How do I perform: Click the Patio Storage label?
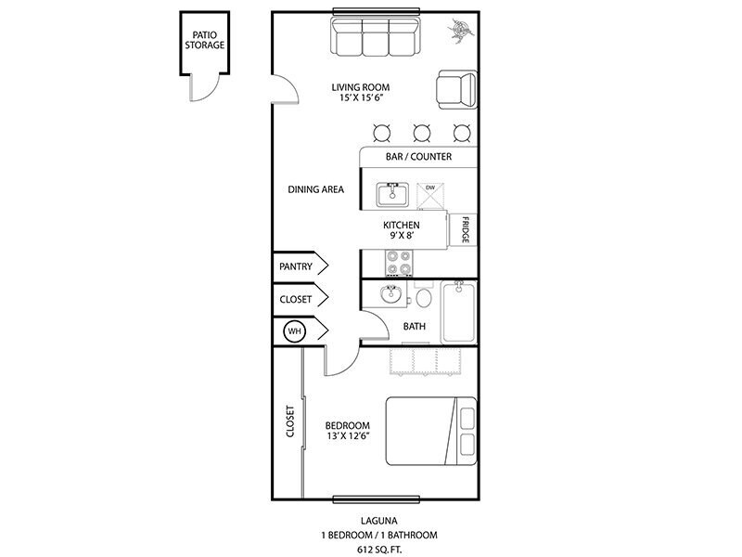(x=204, y=39)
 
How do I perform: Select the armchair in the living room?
(x=455, y=90)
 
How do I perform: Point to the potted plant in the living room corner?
(x=461, y=32)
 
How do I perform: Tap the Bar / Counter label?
(x=417, y=157)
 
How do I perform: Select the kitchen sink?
(x=393, y=194)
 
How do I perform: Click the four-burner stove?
(x=399, y=264)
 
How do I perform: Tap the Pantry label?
(x=296, y=266)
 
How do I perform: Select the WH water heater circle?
(x=293, y=330)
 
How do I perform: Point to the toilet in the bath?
(x=422, y=298)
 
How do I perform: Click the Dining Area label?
(x=315, y=189)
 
